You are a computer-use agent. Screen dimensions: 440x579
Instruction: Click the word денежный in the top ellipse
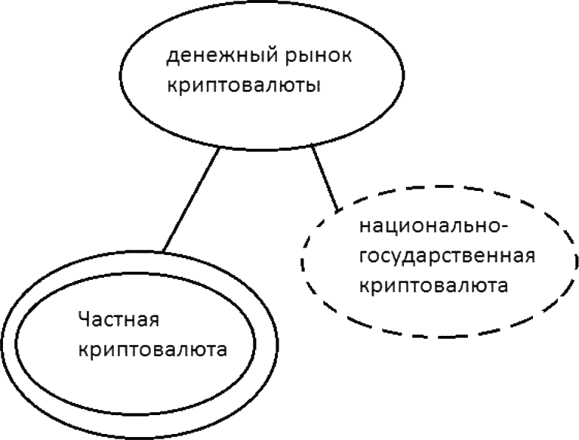pos(208,57)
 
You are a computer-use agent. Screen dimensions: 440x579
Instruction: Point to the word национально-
pos(420,229)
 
